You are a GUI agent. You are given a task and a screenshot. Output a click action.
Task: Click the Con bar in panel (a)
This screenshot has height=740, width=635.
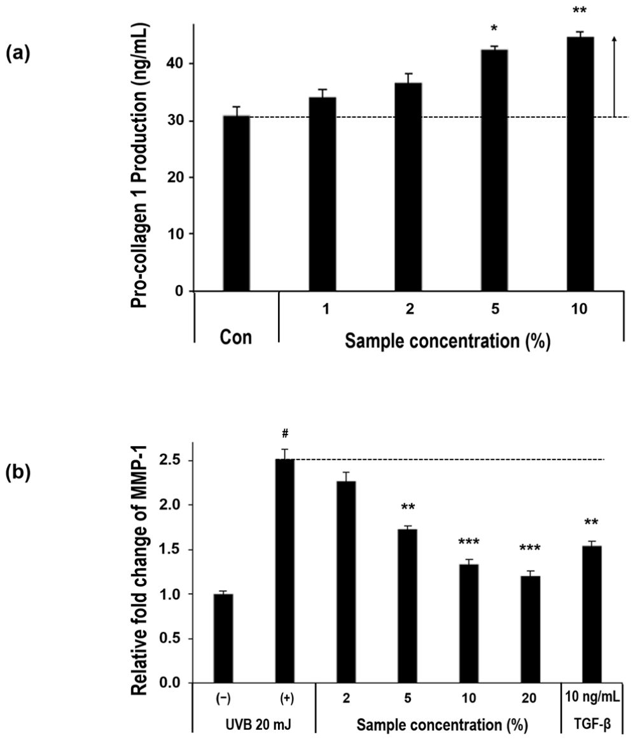[236, 203]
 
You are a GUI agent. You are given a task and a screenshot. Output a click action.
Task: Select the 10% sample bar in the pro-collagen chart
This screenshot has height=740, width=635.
[580, 164]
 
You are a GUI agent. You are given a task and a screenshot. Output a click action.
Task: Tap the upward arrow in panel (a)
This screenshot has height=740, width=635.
[614, 76]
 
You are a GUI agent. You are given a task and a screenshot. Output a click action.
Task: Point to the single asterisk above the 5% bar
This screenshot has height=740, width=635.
[494, 29]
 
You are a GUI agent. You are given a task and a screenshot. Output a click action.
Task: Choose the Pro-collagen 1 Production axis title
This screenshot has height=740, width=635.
[139, 165]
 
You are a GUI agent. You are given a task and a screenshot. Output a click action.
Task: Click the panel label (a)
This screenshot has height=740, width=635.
[17, 54]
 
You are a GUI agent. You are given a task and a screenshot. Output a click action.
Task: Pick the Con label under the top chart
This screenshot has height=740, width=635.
[236, 337]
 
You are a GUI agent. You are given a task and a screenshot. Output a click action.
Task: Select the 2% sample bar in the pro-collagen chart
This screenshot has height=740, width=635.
[408, 186]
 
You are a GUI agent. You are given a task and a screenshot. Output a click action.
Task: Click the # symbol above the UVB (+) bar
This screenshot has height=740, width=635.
[285, 433]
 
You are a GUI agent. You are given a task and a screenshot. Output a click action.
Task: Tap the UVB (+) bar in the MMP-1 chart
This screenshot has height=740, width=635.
[285, 571]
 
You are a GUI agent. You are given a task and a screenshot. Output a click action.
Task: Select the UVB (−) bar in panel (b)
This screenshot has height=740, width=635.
[223, 638]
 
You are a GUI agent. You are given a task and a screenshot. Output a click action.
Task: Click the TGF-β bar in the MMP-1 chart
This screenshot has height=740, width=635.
[592, 614]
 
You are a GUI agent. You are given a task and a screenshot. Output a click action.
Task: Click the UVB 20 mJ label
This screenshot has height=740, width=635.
[258, 725]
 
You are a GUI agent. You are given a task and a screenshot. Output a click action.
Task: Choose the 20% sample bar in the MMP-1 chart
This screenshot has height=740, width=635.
[530, 629]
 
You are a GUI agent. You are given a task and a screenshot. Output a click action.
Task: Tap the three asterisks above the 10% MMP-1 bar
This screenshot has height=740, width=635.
[469, 541]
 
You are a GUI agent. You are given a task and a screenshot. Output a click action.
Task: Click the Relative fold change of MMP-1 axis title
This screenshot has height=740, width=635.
[139, 570]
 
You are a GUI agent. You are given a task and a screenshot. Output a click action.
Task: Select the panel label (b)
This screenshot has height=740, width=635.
[17, 472]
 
